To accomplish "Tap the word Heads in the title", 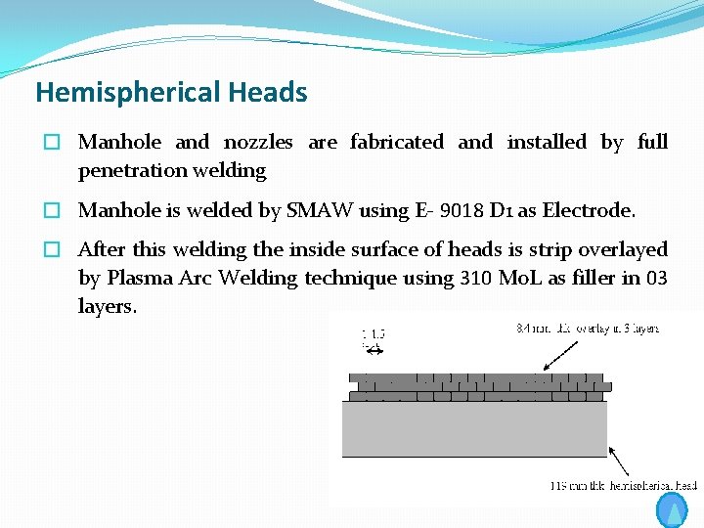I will click(x=268, y=93).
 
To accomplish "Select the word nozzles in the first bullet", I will click(x=258, y=143).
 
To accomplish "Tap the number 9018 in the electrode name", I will click(x=456, y=211).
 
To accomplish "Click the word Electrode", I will click(x=589, y=211).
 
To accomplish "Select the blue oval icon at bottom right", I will click(x=673, y=510).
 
